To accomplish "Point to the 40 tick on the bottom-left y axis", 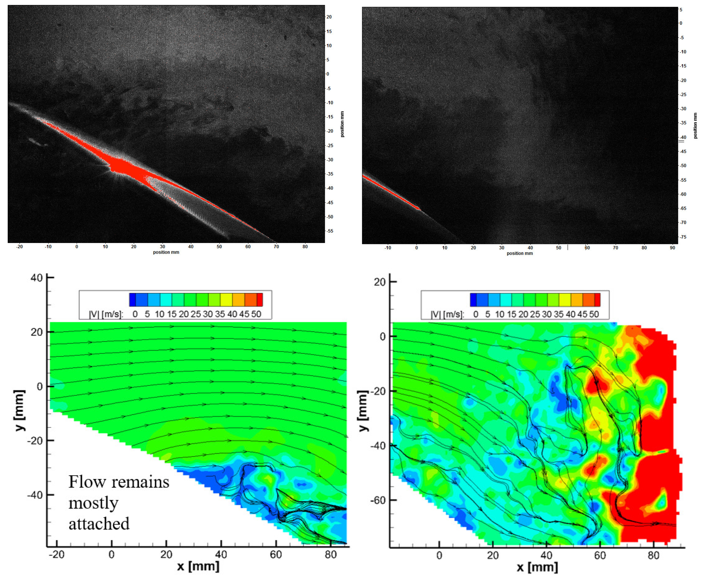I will point(36,277).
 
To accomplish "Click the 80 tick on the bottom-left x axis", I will point(330,554).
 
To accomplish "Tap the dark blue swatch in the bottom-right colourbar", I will point(473,300).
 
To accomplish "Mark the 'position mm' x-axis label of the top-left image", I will point(166,252).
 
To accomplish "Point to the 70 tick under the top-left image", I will point(276,247).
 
